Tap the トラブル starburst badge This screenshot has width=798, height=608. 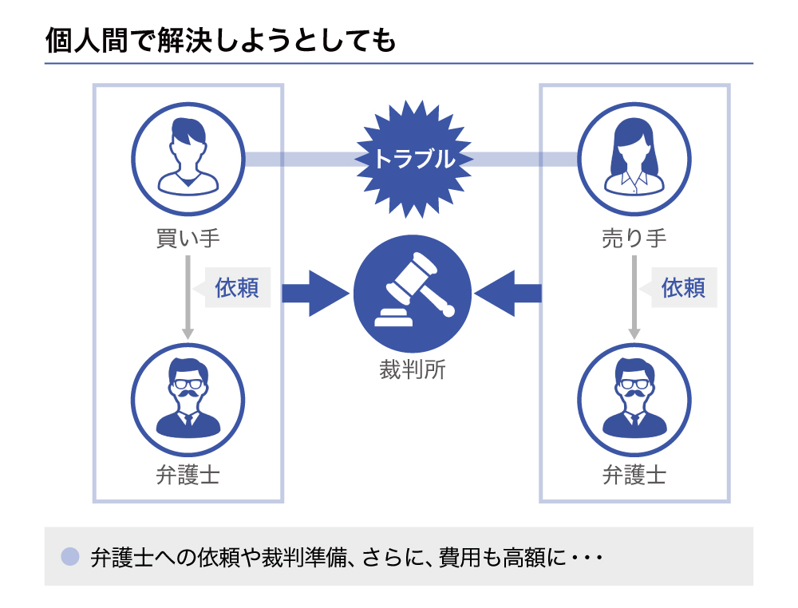tap(413, 160)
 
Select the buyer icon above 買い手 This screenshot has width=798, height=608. tap(188, 159)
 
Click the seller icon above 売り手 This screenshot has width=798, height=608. tap(634, 159)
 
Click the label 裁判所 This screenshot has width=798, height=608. tap(413, 369)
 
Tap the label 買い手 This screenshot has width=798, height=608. tap(188, 238)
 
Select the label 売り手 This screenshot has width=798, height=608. tap(634, 238)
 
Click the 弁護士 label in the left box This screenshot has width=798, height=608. tap(188, 476)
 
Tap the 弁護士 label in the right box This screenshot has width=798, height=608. tap(634, 476)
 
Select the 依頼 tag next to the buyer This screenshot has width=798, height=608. tap(237, 287)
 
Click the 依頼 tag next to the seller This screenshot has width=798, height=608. tap(684, 287)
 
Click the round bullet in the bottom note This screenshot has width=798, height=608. tap(70, 556)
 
